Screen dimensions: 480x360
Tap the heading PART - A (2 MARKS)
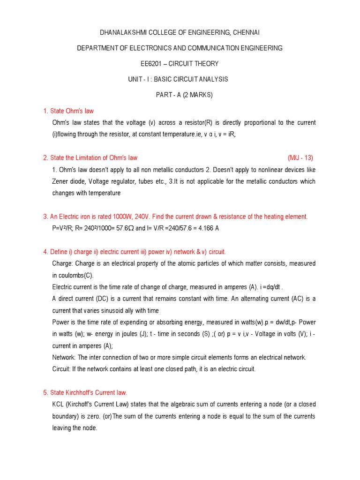point(184,95)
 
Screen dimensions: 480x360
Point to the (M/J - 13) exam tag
point(300,157)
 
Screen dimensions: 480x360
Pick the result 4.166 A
point(210,228)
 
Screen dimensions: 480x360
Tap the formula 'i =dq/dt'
point(266,287)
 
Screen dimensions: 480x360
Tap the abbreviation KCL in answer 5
point(59,404)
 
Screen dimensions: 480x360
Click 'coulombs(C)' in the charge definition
point(77,275)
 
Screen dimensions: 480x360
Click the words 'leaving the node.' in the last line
point(75,427)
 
